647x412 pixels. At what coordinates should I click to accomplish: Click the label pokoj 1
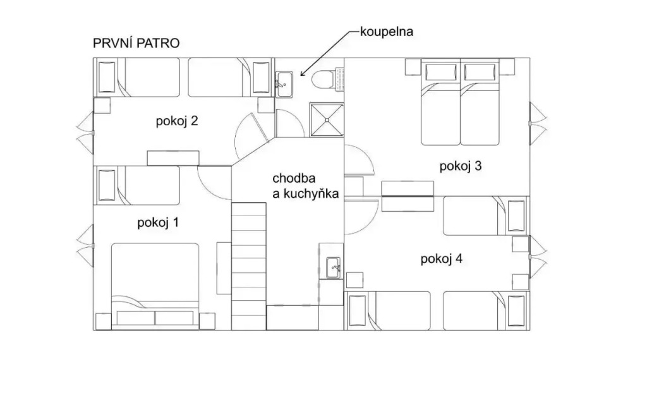pyautogui.click(x=158, y=223)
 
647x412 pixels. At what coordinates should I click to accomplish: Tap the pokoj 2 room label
pyautogui.click(x=177, y=121)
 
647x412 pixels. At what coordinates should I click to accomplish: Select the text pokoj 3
pyautogui.click(x=461, y=166)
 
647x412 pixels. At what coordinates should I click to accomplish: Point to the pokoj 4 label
pyautogui.click(x=442, y=259)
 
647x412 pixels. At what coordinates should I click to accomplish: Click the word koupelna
pyautogui.click(x=387, y=32)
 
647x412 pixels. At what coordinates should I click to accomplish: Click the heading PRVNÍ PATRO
pyautogui.click(x=136, y=44)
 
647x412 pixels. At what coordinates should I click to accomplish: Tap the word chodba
pyautogui.click(x=294, y=178)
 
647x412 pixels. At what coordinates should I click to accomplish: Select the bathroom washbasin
pyautogui.click(x=284, y=84)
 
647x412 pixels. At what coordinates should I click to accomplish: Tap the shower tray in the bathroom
pyautogui.click(x=327, y=119)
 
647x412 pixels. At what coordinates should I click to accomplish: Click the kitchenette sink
pyautogui.click(x=333, y=268)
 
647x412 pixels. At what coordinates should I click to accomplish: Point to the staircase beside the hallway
pyautogui.click(x=248, y=266)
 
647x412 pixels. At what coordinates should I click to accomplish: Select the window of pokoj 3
pyautogui.click(x=538, y=123)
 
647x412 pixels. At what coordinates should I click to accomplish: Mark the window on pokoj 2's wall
pyautogui.click(x=85, y=133)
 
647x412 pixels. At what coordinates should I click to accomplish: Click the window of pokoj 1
pyautogui.click(x=85, y=246)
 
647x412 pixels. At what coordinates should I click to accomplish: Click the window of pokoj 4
pyautogui.click(x=538, y=257)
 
